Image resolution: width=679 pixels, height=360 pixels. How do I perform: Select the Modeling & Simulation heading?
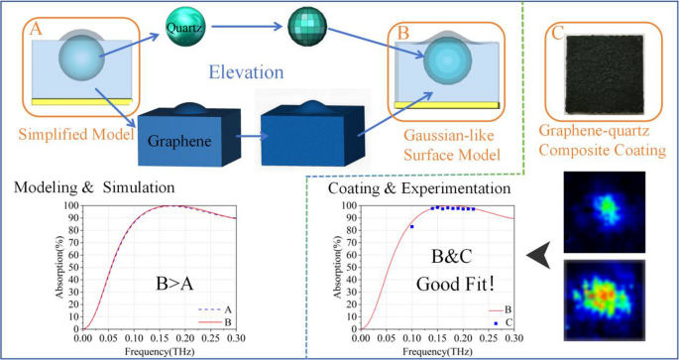coord(91,186)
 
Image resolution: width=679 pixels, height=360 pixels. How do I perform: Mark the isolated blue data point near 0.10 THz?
coord(411,227)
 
